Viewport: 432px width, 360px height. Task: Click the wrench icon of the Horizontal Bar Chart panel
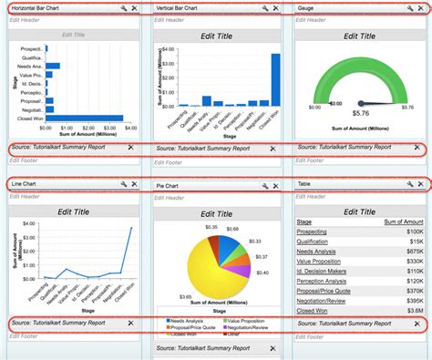[x=122, y=8]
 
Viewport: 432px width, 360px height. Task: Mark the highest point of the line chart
[x=132, y=228]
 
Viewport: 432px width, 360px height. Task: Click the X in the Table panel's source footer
[x=417, y=324]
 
